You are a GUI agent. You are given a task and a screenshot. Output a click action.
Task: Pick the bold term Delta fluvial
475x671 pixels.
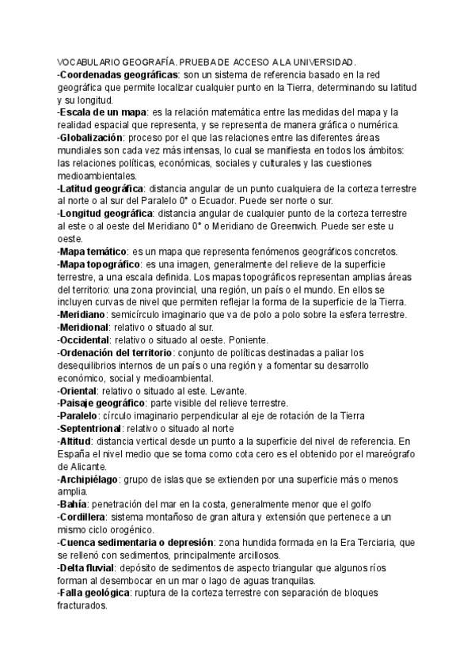[91, 568]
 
